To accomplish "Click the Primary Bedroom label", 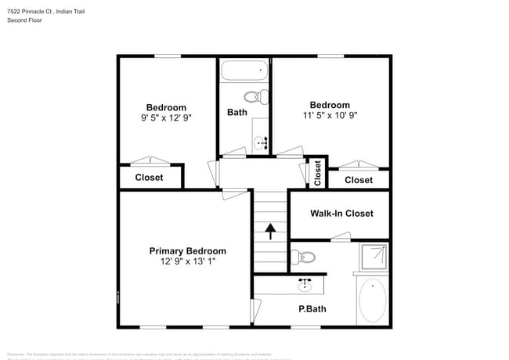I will [188, 251].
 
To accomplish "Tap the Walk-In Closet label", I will [341, 213].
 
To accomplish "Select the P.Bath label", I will [312, 309].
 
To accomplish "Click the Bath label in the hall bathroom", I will [237, 112].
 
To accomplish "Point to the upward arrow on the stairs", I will [270, 231].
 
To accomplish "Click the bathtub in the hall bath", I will [244, 72].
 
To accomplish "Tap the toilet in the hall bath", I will [256, 97].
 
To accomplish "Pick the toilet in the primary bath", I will [304, 256].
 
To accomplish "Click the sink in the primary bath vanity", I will [305, 284].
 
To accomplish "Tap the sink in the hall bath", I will [261, 143].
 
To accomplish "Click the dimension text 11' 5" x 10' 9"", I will [330, 115].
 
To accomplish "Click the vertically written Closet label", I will [317, 173].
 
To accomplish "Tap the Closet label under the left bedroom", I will [149, 178].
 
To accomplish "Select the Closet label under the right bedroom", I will [359, 180].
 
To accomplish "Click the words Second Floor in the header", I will [25, 20].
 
